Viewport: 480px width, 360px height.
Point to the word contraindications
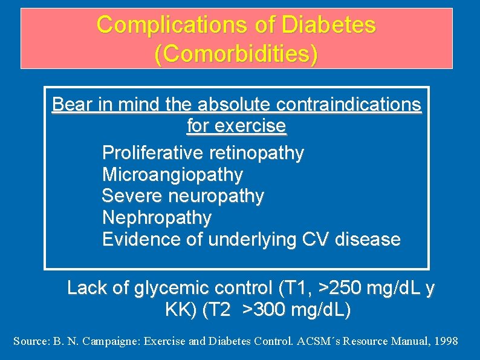pyautogui.click(x=349, y=105)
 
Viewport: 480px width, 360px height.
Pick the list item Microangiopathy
pyautogui.click(x=172, y=175)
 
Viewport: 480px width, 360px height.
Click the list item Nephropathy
pyautogui.click(x=157, y=217)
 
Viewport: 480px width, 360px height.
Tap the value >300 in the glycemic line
pyautogui.click(x=265, y=310)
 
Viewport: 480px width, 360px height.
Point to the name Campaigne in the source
pyautogui.click(x=110, y=341)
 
